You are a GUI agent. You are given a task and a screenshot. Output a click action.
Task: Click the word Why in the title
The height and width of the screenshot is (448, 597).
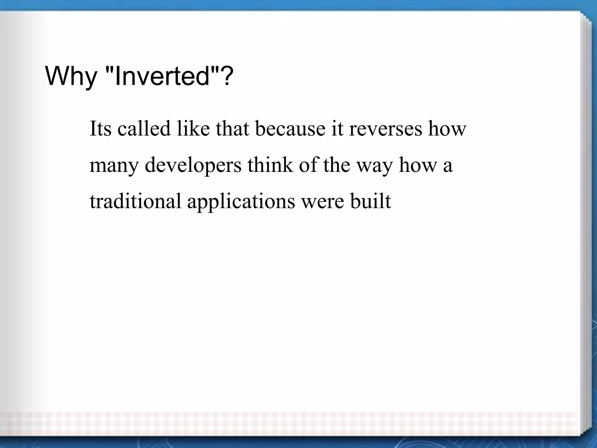(x=71, y=76)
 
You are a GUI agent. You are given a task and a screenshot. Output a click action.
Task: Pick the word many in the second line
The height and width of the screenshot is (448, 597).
(x=114, y=165)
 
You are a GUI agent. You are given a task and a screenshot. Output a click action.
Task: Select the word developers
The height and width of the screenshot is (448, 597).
(x=193, y=165)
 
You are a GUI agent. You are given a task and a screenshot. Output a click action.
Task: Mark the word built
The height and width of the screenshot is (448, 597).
(x=371, y=201)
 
